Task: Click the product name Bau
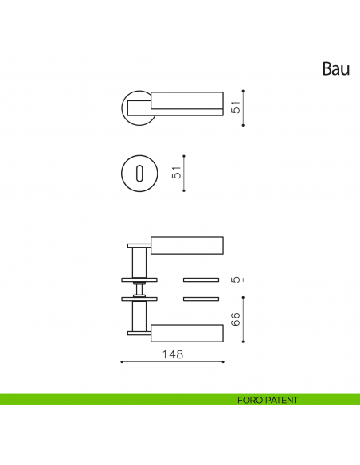335,69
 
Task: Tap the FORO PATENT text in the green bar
267,400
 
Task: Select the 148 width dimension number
171,354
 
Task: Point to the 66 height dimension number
235,318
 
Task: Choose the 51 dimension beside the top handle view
236,107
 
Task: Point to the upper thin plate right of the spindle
201,279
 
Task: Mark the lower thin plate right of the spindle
201,299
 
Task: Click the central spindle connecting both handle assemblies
139,289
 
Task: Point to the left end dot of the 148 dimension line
120,362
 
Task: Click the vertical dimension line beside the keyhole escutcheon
184,173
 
